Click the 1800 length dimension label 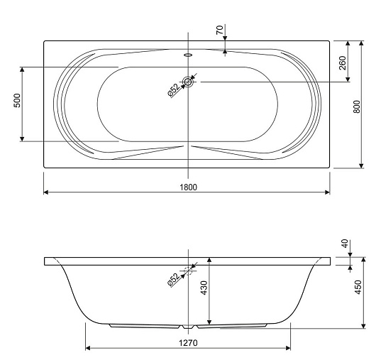[x=189, y=187]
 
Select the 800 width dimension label [x=357, y=107]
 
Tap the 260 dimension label [x=343, y=63]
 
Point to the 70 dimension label [x=220, y=30]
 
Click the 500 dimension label [x=17, y=100]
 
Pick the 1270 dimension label [x=188, y=343]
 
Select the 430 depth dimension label [x=204, y=288]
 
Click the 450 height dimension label [x=358, y=287]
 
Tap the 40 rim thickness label [x=345, y=244]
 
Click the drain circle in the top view [x=188, y=82]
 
